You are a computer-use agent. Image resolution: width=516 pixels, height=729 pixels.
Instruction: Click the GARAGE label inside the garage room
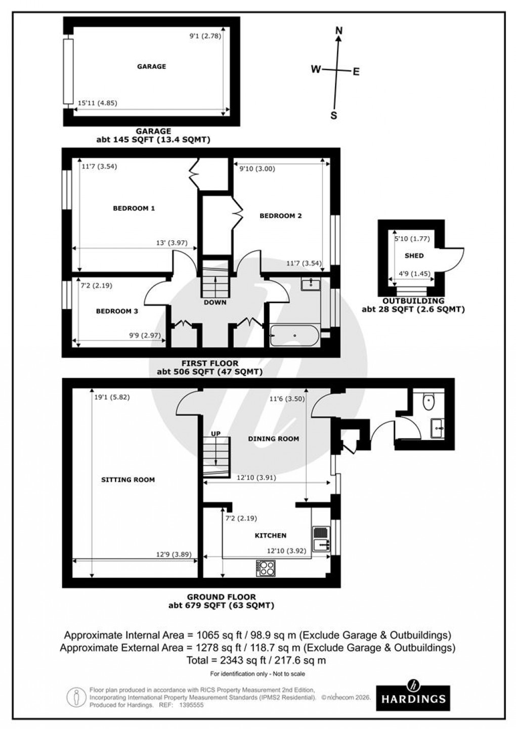pos(151,66)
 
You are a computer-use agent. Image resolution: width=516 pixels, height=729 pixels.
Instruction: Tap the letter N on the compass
pos(339,31)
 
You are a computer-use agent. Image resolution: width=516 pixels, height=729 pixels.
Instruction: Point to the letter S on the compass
pos(333,115)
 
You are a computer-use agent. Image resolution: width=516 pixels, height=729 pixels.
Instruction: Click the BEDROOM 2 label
pos(281,216)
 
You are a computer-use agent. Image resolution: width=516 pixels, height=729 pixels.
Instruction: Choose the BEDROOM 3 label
pos(117,312)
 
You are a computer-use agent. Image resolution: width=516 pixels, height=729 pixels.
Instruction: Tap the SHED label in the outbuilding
pos(414,256)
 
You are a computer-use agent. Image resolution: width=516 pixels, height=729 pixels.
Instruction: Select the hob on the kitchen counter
pos(266,567)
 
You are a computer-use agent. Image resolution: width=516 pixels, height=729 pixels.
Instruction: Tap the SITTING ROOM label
pos(127,480)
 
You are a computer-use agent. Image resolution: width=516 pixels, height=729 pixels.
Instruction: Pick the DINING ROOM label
pos(273,439)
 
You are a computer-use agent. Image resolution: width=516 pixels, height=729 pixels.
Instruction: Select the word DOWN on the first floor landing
pos(215,303)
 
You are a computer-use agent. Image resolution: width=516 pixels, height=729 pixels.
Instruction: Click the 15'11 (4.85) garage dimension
pos(97,103)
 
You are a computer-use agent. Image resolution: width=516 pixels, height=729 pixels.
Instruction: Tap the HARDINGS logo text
pos(420,699)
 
